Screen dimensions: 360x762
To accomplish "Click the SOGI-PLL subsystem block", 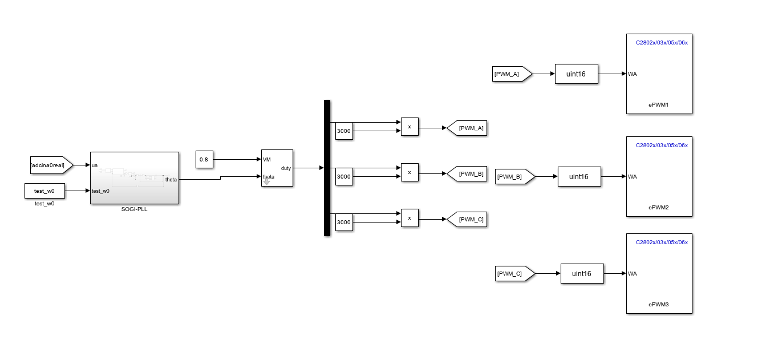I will pos(135,177).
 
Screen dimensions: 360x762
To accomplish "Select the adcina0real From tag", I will pos(51,165).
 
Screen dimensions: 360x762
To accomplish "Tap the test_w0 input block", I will pos(44,191).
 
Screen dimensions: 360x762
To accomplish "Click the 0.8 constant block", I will pos(204,160).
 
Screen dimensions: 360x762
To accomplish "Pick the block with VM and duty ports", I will pos(277,168).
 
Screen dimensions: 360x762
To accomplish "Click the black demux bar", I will pos(327,168).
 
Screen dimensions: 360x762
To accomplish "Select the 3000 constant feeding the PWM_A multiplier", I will pos(343,131).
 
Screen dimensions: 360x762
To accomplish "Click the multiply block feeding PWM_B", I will pos(410,172).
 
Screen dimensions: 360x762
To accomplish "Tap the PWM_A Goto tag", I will pos(468,128).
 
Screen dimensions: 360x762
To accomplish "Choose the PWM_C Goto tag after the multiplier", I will pos(468,220).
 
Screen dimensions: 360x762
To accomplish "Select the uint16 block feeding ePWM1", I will pos(576,74).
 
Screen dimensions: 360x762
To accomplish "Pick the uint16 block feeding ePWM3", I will pos(582,274).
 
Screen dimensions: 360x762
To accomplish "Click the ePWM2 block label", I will pos(659,207).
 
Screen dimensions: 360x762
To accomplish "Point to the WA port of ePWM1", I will pos(633,74).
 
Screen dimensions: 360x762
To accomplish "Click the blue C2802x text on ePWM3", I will pos(662,242).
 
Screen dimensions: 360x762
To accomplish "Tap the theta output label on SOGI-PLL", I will pos(171,180).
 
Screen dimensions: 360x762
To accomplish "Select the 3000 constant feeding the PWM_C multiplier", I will pos(343,223).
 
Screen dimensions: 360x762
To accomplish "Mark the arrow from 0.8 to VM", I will pos(237,160).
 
